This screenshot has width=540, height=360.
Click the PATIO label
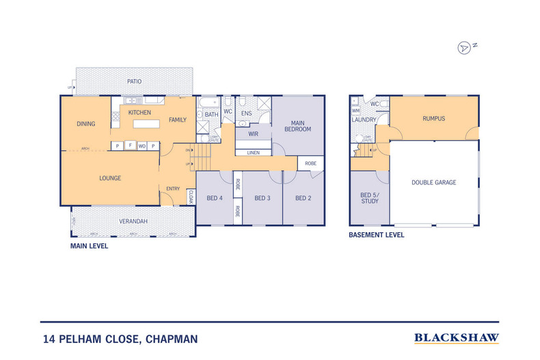(x=135, y=81)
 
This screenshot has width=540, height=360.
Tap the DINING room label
(x=86, y=124)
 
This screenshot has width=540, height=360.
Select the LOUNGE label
(x=110, y=178)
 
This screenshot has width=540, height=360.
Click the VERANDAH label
(x=133, y=221)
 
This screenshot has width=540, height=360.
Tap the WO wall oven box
(x=141, y=146)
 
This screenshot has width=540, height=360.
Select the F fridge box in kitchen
(x=129, y=146)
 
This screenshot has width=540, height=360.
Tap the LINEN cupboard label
(x=253, y=152)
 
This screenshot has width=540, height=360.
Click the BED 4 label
(x=215, y=198)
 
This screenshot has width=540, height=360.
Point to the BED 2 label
(x=303, y=198)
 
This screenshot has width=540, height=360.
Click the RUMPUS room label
(x=433, y=118)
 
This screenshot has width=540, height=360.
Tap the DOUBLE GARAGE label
(x=433, y=182)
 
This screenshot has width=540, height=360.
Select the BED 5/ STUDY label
(x=369, y=198)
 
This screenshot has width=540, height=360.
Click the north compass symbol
(x=465, y=47)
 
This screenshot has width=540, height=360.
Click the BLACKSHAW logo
(x=457, y=337)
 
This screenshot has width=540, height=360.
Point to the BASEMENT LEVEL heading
(x=376, y=234)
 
